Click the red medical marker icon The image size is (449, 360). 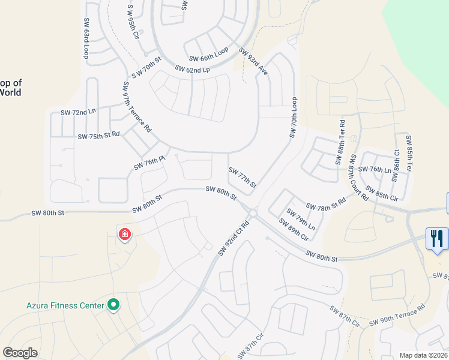(125, 233)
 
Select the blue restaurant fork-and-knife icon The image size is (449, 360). (436, 239)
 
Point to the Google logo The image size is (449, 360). (20, 353)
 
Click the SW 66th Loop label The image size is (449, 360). (208, 55)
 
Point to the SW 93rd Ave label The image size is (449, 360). (253, 61)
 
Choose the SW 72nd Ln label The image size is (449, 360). (78, 112)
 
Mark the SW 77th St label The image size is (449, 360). (243, 178)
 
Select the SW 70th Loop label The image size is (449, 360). (294, 117)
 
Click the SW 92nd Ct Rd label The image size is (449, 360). (234, 238)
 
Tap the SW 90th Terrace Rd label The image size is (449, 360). (397, 314)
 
